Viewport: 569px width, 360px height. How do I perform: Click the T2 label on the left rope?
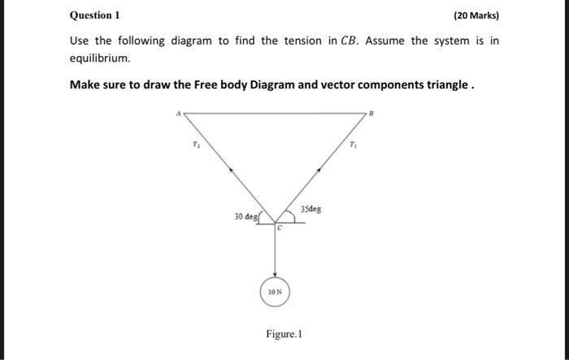[x=194, y=145]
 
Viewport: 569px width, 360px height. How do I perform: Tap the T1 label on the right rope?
[x=352, y=145]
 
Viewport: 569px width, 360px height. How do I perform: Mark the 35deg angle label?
[x=311, y=209]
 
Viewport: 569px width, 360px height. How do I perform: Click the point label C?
[x=279, y=228]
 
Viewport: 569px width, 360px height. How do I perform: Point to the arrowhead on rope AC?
[x=232, y=170]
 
